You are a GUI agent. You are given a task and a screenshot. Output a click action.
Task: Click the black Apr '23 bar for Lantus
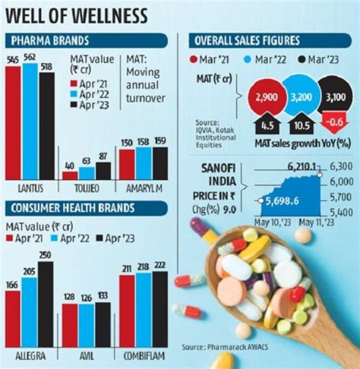47,126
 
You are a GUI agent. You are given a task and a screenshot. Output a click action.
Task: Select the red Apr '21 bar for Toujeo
70,176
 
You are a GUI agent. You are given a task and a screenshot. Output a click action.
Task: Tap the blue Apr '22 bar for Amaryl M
143,164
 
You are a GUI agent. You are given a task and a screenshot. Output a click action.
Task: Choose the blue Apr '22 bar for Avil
86,326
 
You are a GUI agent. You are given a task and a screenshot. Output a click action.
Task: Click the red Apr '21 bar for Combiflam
127,311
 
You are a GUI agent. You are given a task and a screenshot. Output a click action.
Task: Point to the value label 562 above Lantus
30,58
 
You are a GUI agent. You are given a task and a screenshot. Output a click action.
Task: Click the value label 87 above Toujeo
103,156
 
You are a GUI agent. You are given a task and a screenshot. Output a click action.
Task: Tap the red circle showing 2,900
266,96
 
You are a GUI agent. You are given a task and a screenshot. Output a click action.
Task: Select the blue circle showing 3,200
301,96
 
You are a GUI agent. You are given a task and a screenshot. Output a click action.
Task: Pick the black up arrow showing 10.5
302,124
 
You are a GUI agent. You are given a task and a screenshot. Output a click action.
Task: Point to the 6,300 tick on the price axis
341,166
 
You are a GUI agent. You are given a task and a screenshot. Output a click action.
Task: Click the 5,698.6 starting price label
282,201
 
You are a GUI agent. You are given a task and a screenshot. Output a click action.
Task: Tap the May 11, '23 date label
316,222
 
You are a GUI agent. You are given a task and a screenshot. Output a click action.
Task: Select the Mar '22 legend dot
247,59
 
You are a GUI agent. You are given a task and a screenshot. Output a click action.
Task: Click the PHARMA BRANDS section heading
50,40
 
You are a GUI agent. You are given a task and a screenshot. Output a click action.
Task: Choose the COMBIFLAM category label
144,356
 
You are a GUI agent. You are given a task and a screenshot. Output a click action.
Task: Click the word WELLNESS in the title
109,16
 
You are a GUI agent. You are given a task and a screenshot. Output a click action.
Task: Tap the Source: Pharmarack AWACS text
225,347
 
